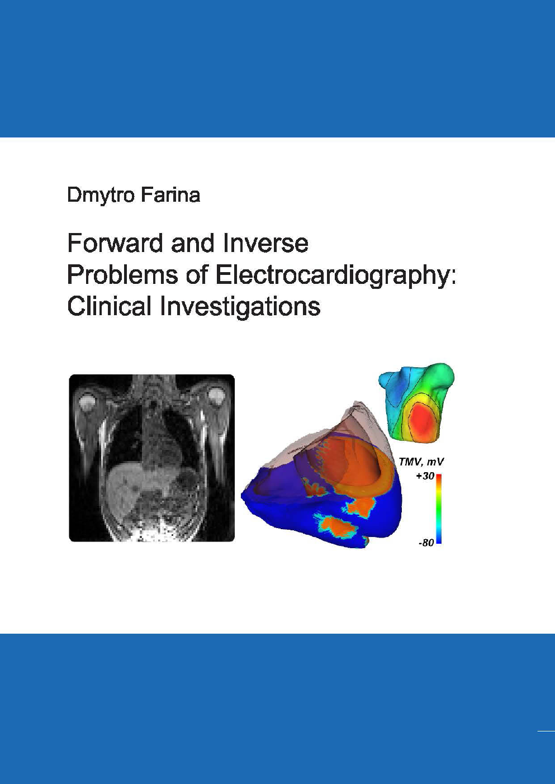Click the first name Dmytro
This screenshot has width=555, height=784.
[101, 196]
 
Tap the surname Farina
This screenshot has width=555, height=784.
[170, 195]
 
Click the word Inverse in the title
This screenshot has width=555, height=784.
[265, 244]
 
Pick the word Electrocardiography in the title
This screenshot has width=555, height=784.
[333, 275]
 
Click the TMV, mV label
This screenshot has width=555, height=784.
[421, 462]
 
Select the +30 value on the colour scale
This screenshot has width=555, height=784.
[424, 476]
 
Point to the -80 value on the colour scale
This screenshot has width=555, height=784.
[426, 543]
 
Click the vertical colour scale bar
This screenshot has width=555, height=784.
[439, 509]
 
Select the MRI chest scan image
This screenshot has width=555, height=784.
[151, 458]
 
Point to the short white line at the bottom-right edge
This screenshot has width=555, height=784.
[546, 730]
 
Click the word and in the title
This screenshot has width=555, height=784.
[193, 244]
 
